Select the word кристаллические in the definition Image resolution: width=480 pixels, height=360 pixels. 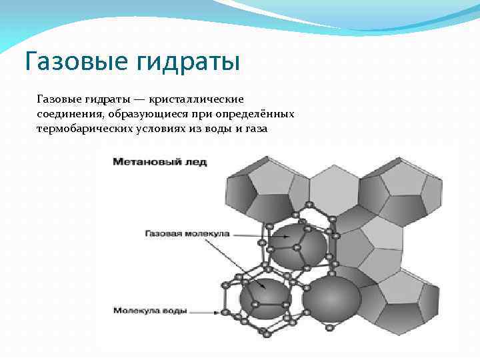[x=196, y=99]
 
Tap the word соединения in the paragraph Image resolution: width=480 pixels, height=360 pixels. [x=67, y=114]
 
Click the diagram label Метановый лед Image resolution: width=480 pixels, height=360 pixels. [x=160, y=162]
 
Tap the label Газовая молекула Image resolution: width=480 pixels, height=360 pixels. [x=187, y=233]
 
